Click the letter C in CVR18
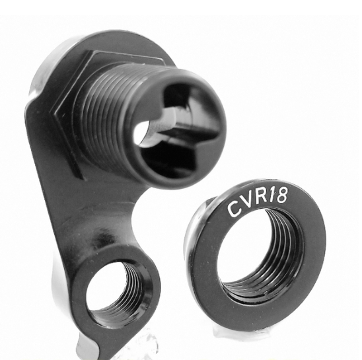[234, 209]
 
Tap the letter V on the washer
[246, 203]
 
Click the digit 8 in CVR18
[282, 195]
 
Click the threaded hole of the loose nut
[260, 252]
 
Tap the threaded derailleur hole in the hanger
[116, 291]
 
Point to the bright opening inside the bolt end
[141, 133]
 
